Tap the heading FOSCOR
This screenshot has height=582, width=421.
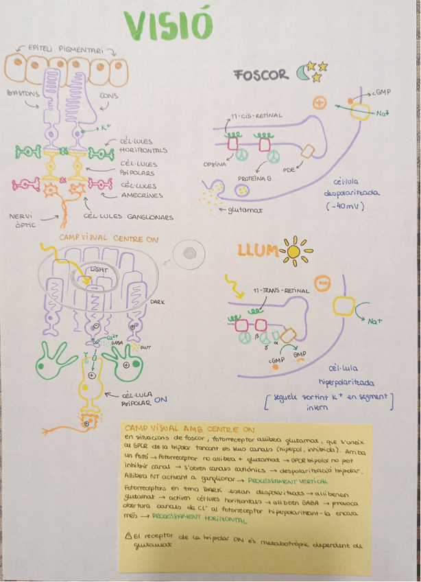261,75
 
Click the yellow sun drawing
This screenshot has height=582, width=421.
295,252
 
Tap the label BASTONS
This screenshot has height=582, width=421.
23,92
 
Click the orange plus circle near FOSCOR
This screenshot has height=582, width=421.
318,103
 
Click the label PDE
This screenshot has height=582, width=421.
289,168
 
